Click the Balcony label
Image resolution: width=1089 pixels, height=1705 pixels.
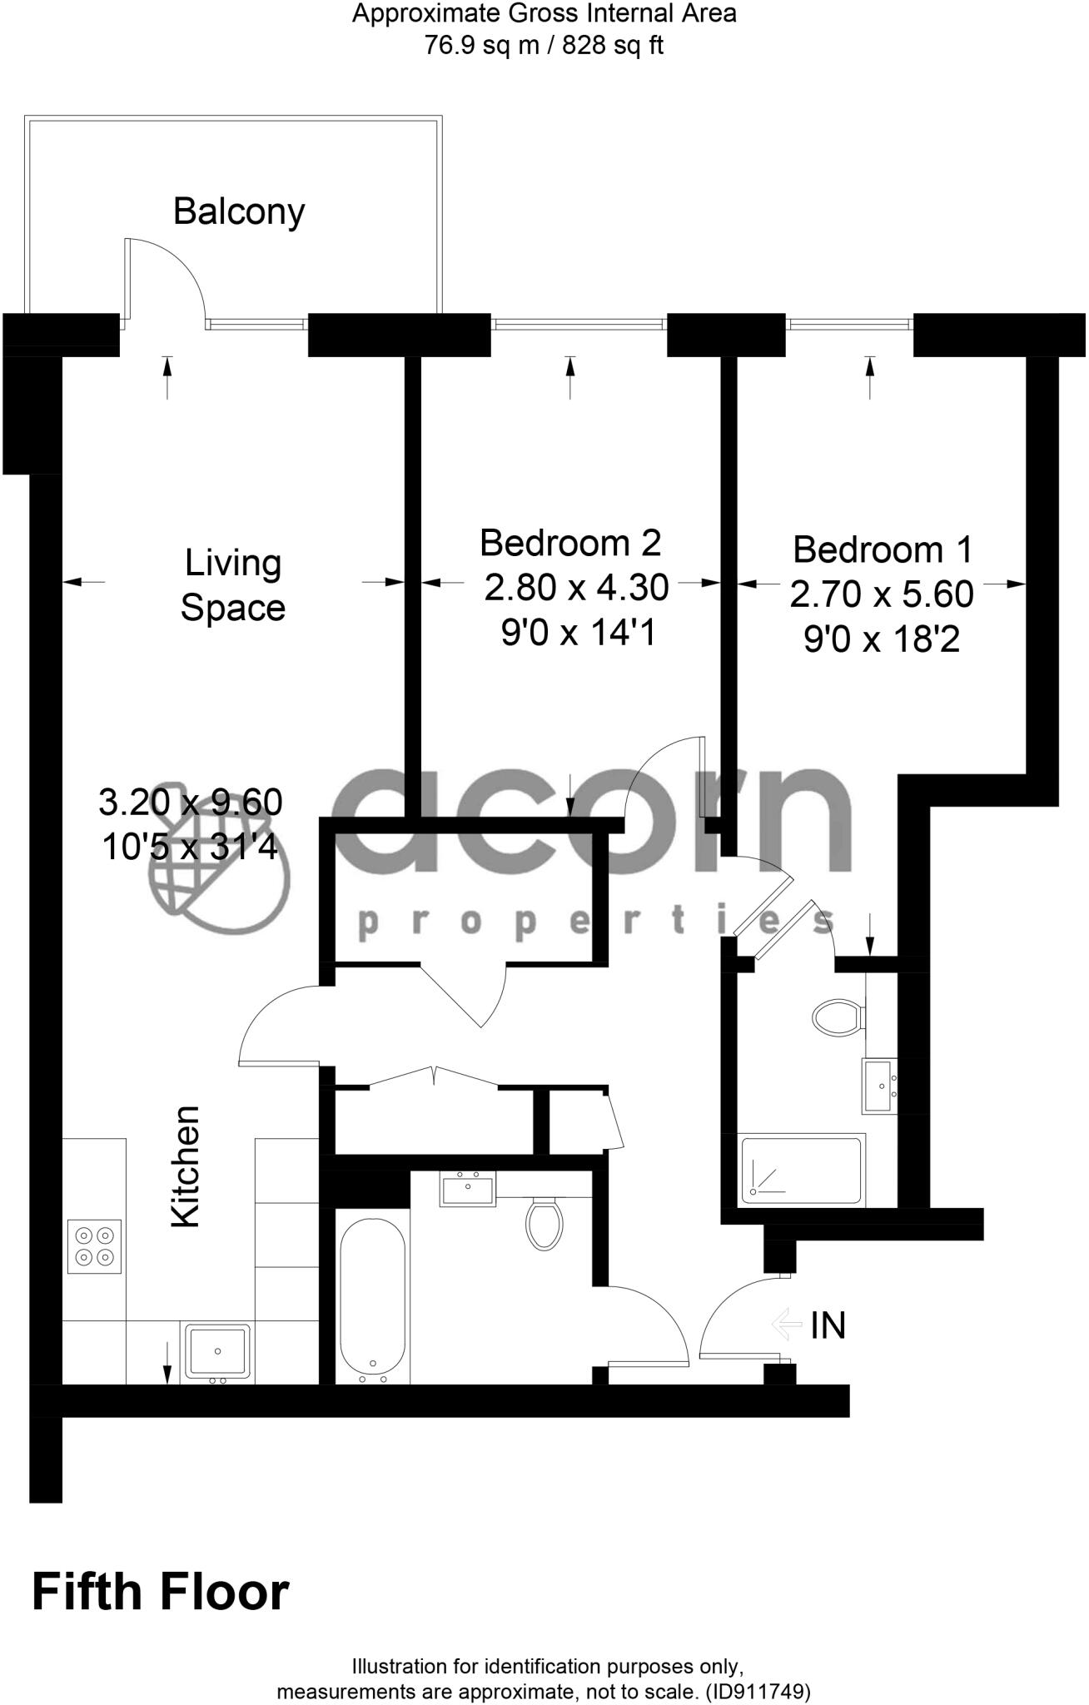coord(239,211)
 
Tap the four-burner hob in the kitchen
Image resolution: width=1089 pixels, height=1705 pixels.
coord(94,1246)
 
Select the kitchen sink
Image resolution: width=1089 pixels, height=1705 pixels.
coord(217,1350)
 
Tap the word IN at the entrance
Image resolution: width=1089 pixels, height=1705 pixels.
coord(828,1326)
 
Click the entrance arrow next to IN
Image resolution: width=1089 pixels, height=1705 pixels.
coord(786,1325)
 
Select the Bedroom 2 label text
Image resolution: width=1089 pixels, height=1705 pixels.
coord(570,543)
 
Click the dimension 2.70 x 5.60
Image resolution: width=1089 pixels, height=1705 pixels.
coord(882,594)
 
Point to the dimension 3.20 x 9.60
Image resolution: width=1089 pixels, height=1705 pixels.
coord(191,803)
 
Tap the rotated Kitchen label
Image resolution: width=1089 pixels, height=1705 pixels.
coord(186,1166)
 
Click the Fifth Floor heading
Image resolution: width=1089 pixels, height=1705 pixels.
coord(161,1593)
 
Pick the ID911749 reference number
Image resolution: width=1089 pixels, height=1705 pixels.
coord(757,1692)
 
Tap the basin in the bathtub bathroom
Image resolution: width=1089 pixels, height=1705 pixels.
coord(468,1189)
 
